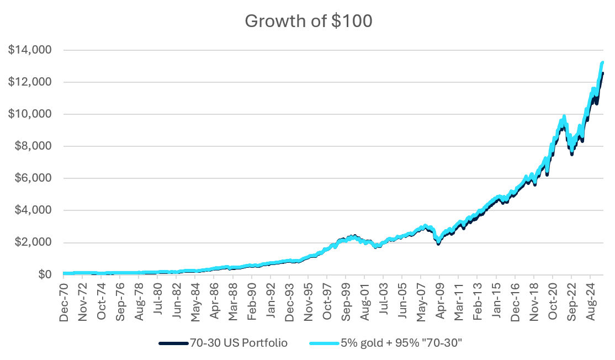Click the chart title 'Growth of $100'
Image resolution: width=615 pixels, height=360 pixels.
pyautogui.click(x=309, y=21)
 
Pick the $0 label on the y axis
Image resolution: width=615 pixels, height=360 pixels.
pyautogui.click(x=45, y=274)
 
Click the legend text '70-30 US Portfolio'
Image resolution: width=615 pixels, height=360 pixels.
pyautogui.click(x=238, y=343)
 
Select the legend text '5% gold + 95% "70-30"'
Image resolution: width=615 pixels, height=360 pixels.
pyautogui.click(x=400, y=343)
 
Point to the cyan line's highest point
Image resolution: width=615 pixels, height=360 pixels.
pyautogui.click(x=602, y=62)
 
